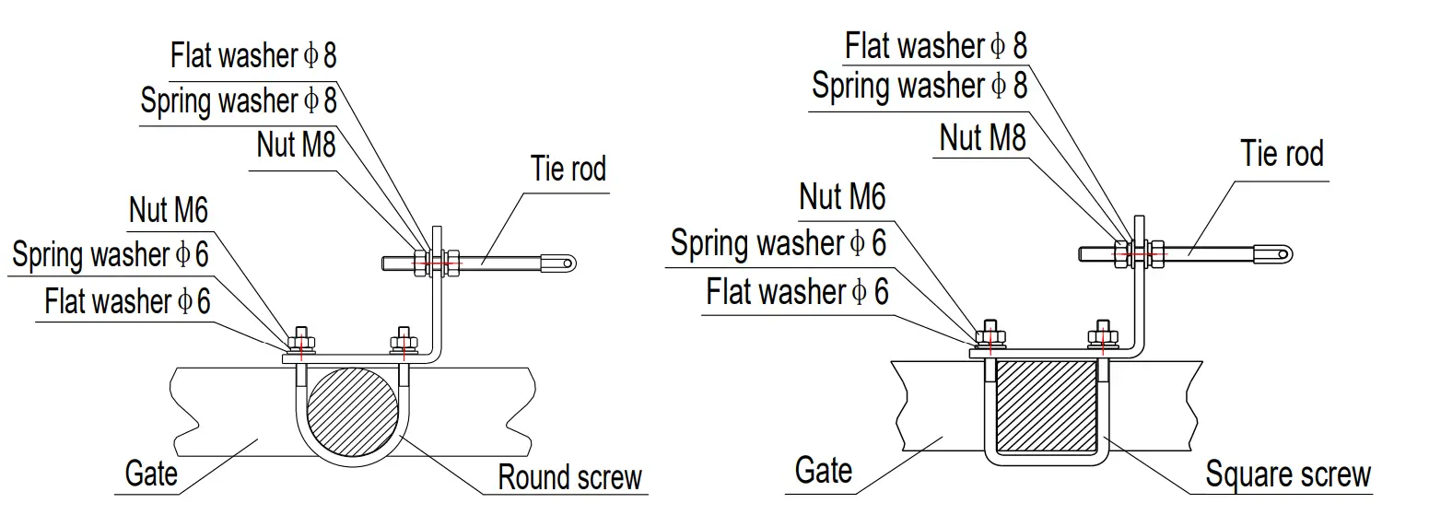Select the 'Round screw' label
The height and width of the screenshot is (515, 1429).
click(568, 477)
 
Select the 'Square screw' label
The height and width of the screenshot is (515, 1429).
click(1288, 474)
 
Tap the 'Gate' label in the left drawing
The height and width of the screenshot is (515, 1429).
click(151, 474)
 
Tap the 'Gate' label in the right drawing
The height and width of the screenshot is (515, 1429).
click(823, 471)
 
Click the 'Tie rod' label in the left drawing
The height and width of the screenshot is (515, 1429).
click(568, 170)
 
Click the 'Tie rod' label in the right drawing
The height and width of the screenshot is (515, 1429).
click(1282, 153)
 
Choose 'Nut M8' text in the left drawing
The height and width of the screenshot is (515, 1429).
click(296, 145)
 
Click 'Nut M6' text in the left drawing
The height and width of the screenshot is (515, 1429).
click(169, 210)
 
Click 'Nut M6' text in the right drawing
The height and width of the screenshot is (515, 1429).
click(842, 196)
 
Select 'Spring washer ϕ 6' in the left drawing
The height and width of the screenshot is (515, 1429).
click(111, 255)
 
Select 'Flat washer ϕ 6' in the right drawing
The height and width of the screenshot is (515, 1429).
click(798, 292)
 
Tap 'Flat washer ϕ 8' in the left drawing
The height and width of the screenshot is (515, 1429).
click(253, 55)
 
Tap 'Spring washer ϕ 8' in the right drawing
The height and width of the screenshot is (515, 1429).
click(919, 86)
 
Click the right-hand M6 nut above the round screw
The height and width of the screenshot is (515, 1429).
click(401, 339)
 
